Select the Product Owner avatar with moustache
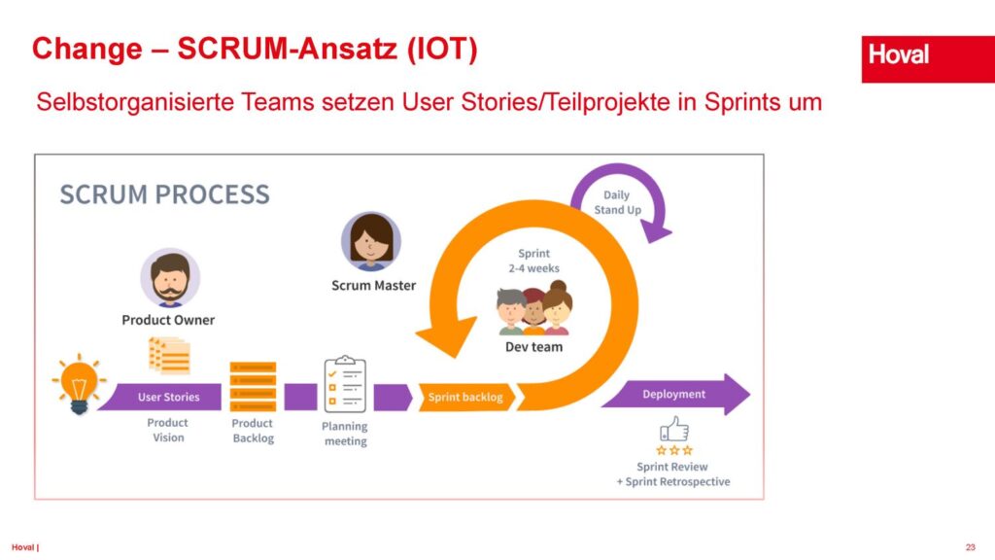click(170, 278)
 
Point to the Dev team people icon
click(533, 309)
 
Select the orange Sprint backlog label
click(465, 397)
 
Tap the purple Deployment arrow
click(675, 395)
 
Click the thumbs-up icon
click(673, 429)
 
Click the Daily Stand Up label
click(617, 202)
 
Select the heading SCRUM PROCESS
click(164, 193)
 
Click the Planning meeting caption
click(345, 434)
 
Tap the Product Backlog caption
click(253, 431)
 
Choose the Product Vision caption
click(168, 430)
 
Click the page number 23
click(970, 546)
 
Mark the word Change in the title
click(87, 49)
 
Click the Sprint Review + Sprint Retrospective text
click(672, 474)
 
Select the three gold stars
click(673, 450)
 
